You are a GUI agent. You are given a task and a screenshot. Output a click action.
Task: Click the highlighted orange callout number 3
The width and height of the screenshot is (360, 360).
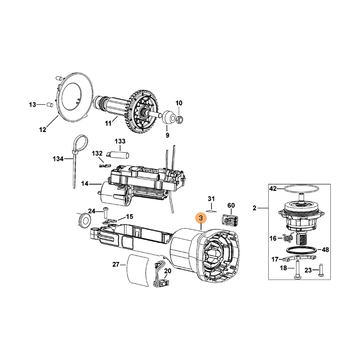(201, 218)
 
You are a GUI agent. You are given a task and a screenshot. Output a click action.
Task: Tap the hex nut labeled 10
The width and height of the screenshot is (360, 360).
(180, 118)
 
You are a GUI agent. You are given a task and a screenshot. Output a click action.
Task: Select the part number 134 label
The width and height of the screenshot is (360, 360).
(58, 159)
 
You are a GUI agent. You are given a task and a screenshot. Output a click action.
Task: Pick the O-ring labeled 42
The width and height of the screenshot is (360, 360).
(301, 189)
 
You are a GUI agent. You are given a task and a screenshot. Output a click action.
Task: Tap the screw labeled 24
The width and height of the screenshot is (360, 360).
(106, 212)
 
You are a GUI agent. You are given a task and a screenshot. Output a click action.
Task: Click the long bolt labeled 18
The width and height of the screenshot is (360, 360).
(297, 270)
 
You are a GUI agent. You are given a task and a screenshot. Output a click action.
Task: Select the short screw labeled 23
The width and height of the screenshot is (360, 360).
(321, 270)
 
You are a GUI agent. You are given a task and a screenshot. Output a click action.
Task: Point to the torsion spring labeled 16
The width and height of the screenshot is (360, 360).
(289, 237)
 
